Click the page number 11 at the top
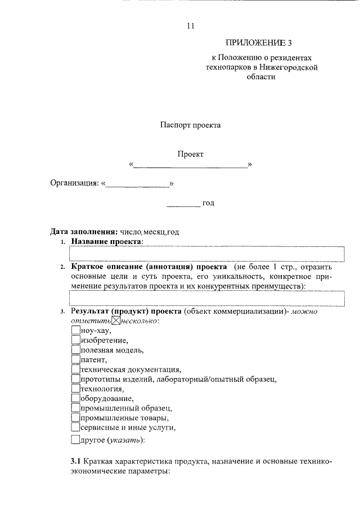(x=190, y=25)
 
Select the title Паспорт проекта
(x=190, y=125)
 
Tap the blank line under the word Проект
(x=191, y=165)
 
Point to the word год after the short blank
(x=209, y=202)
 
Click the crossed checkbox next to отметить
(x=116, y=321)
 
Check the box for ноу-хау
(x=76, y=331)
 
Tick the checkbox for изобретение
(x=76, y=340)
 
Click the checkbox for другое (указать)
(x=76, y=440)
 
